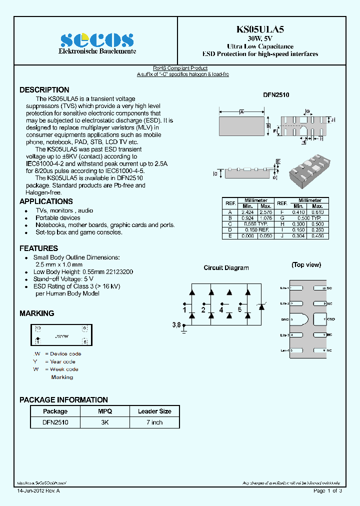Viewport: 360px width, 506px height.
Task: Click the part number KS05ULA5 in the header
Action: tap(260, 29)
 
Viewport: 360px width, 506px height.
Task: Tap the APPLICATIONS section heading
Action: tap(46, 201)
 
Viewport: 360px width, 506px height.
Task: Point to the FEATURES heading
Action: tap(38, 248)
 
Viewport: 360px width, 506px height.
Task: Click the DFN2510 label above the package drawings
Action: tap(276, 94)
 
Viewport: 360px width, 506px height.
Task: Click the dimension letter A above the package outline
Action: tap(241, 112)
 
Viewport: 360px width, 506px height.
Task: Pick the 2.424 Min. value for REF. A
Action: tap(247, 212)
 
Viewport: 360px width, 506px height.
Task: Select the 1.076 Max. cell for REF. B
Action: tap(265, 218)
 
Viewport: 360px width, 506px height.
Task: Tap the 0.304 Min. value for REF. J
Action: tap(298, 235)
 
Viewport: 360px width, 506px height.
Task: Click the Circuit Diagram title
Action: tap(226, 268)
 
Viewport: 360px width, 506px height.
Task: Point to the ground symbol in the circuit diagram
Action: tap(184, 328)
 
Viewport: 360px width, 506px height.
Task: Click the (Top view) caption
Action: tap(306, 265)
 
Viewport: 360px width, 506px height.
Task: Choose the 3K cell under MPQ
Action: tap(104, 422)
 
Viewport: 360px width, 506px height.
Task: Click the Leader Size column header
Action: tap(154, 411)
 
